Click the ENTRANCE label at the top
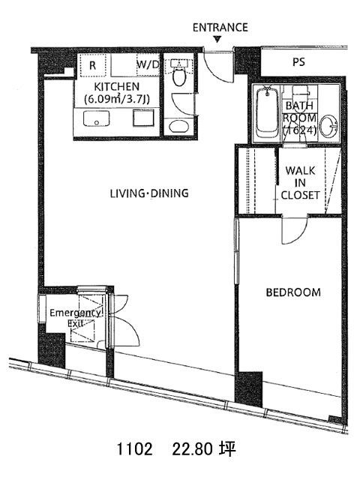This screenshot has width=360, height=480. pos(220,28)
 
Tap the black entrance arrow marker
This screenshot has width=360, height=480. pos(217,39)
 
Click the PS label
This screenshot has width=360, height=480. pos(298,62)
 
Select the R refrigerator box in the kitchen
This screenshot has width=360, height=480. pos(93,65)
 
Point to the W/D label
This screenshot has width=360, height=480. pos(148,65)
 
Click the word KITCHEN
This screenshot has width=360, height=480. pos(117,87)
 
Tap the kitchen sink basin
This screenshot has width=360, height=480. pos(96,118)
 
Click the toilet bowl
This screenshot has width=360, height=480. pos(178,76)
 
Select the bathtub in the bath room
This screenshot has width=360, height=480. pos(268,112)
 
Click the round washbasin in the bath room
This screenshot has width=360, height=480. pos(329,125)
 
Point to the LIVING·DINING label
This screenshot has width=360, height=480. pos(149,193)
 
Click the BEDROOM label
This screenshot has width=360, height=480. pos(293,292)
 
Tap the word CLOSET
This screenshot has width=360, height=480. pos(300,195)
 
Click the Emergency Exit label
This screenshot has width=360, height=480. pos(75,318)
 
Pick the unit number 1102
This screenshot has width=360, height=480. pos(134,449)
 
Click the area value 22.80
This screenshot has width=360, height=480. pos(192,449)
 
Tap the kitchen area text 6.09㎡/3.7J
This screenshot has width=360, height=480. pos(117,99)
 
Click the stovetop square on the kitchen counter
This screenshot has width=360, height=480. pos(143,118)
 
